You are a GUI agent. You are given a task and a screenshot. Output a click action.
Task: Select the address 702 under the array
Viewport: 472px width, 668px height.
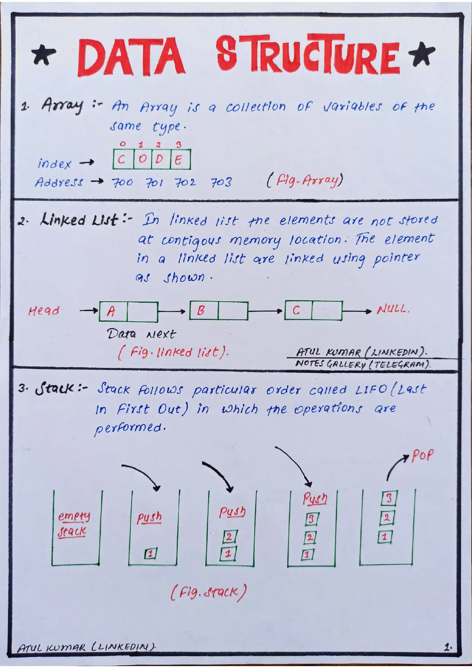(x=185, y=182)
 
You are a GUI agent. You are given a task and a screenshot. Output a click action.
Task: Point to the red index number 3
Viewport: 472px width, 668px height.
(x=179, y=144)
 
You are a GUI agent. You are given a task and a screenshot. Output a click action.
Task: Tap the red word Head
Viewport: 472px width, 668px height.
(x=44, y=311)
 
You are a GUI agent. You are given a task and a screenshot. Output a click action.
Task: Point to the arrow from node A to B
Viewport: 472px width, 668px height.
(x=173, y=311)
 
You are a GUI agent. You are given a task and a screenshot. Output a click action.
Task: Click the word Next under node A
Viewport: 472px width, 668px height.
(x=161, y=334)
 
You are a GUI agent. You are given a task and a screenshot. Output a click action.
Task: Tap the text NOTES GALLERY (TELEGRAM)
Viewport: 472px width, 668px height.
(x=363, y=364)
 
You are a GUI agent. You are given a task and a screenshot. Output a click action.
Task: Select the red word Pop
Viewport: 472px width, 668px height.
(x=423, y=455)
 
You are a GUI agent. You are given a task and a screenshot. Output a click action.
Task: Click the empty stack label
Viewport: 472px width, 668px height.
(x=73, y=524)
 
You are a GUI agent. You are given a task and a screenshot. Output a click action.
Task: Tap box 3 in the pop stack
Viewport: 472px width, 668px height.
(x=389, y=498)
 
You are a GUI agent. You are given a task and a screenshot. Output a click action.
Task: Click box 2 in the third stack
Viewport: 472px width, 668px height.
(x=229, y=537)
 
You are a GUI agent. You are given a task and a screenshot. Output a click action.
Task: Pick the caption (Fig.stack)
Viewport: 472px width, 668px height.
(x=208, y=592)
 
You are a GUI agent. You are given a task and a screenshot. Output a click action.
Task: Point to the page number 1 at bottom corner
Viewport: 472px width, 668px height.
(x=448, y=647)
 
